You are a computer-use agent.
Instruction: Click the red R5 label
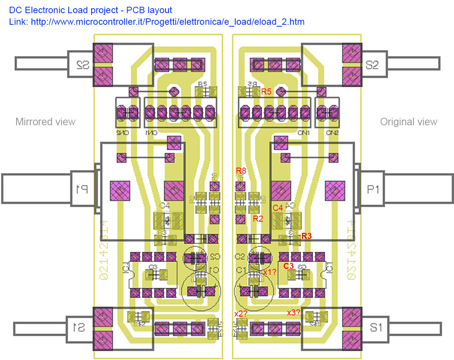click(x=266, y=91)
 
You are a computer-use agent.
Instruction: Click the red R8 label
click(x=241, y=171)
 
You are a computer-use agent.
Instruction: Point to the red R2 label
click(x=258, y=219)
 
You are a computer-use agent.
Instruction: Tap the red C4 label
click(x=278, y=208)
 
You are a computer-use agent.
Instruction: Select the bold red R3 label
click(x=307, y=236)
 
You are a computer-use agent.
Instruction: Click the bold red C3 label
click(x=289, y=266)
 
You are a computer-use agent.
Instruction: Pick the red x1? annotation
click(x=269, y=272)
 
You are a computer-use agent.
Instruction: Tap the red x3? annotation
click(x=293, y=312)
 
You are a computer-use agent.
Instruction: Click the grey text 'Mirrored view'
click(x=45, y=122)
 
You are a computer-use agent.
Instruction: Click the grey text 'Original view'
click(x=409, y=122)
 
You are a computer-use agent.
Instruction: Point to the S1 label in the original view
click(x=376, y=328)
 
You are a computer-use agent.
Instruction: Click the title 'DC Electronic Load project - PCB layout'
click(x=90, y=10)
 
